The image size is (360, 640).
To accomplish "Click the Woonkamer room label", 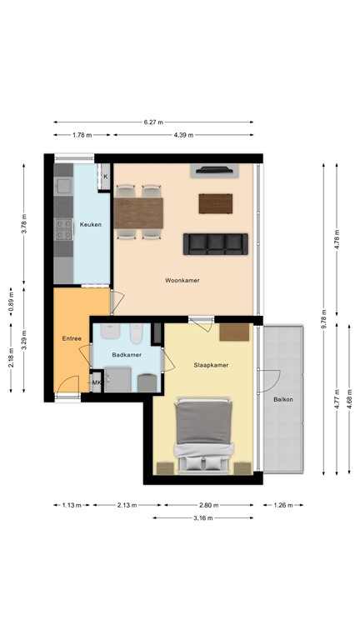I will pyautogui.click(x=182, y=281).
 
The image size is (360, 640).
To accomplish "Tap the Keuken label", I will pyautogui.click(x=90, y=225).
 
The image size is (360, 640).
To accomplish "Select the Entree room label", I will pyautogui.click(x=71, y=338).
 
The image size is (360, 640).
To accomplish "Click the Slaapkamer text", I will pyautogui.click(x=211, y=365).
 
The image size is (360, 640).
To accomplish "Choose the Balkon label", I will pyautogui.click(x=282, y=400).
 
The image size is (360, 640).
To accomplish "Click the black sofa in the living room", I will pyautogui.click(x=216, y=242).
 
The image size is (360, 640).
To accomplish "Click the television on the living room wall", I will pyautogui.click(x=215, y=172).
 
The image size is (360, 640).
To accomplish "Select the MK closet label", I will pyautogui.click(x=97, y=383).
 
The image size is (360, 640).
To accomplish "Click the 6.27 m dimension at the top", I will pyautogui.click(x=152, y=122).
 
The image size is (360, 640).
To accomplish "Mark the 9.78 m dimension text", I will pyautogui.click(x=324, y=320).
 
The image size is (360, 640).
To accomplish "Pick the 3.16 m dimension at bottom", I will pyautogui.click(x=202, y=517).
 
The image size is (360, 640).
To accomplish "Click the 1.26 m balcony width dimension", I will pyautogui.click(x=282, y=504).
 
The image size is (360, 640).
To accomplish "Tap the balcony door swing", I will pyautogui.click(x=268, y=379).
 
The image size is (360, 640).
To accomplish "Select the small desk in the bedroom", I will pyautogui.click(x=235, y=332).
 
